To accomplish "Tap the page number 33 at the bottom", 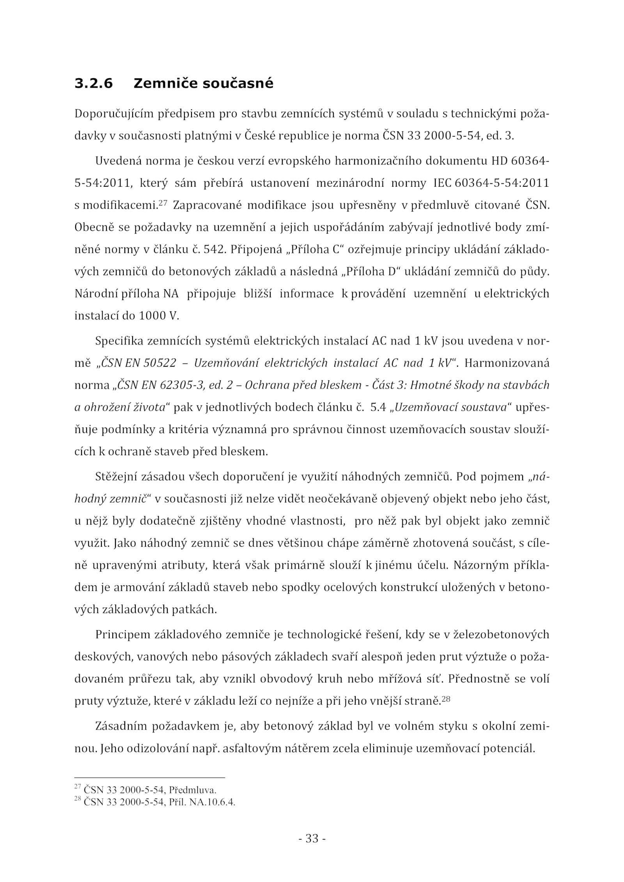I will [312, 838].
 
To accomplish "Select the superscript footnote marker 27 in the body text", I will [163, 203].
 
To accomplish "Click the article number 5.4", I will [378, 408].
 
